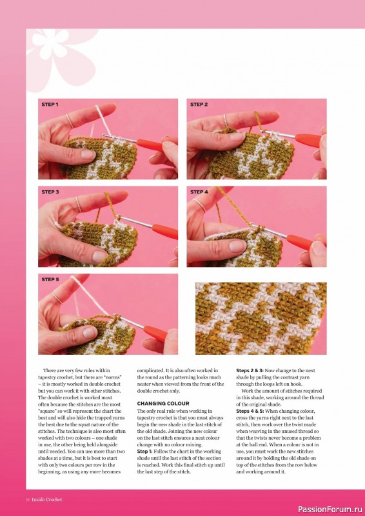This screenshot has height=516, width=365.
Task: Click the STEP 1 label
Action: pos(50,104)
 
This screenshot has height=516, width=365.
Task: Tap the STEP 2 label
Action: pos(199,104)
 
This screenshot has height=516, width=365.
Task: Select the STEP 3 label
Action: pos(50,192)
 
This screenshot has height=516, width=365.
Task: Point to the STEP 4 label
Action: pos(199,192)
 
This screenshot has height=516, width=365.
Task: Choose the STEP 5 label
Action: pos(50,280)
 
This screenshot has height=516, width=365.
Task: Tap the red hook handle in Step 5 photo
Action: pos(156,333)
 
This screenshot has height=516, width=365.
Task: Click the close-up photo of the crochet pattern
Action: pos(261,318)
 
